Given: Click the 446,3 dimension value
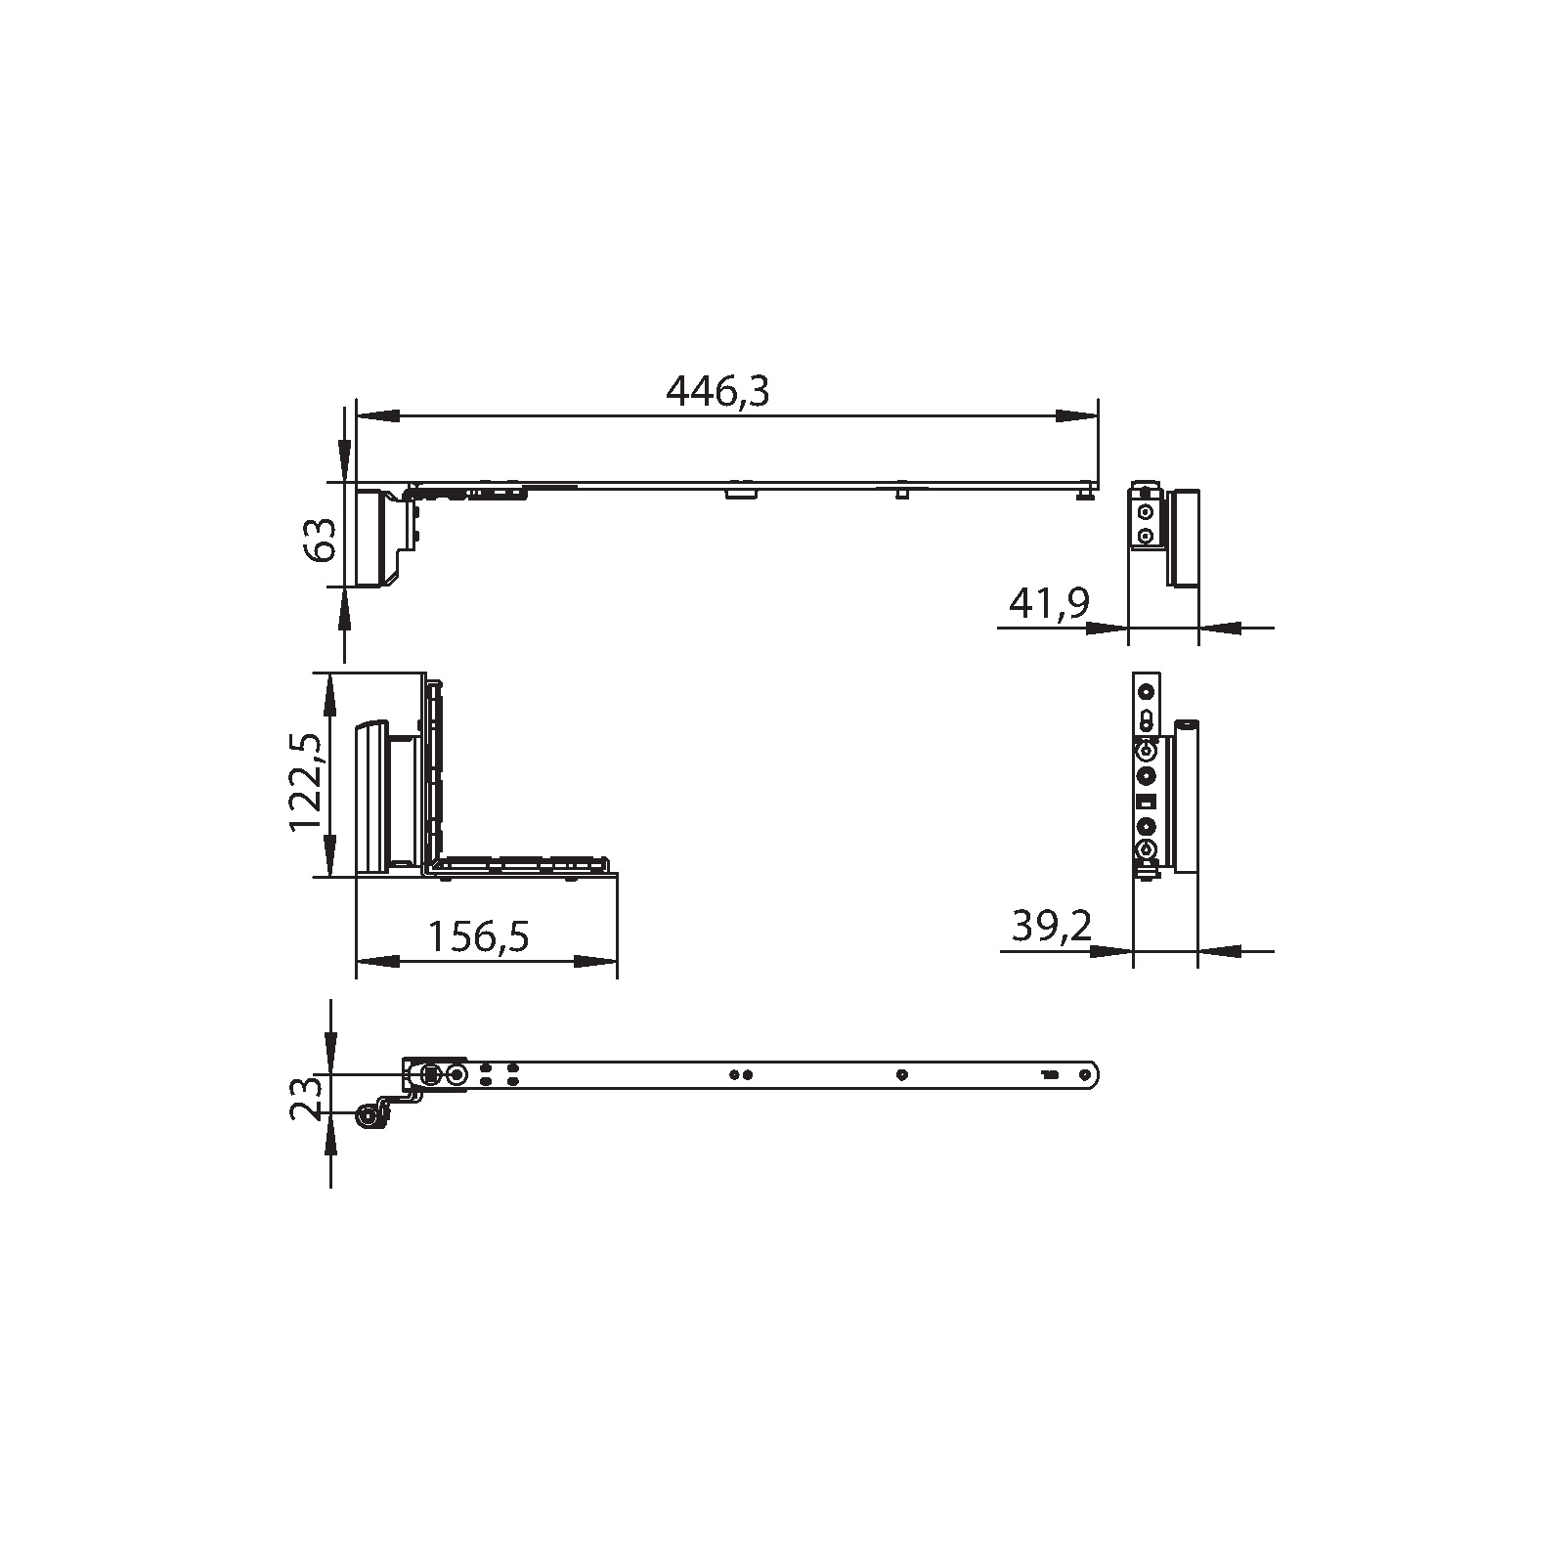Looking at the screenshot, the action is click(x=717, y=391).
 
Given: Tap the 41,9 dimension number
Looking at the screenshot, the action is click(x=1049, y=604).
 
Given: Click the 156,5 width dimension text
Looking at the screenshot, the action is click(x=479, y=936).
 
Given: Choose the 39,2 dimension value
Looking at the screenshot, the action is click(x=1051, y=925).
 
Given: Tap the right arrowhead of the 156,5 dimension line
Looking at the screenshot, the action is click(x=595, y=962).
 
